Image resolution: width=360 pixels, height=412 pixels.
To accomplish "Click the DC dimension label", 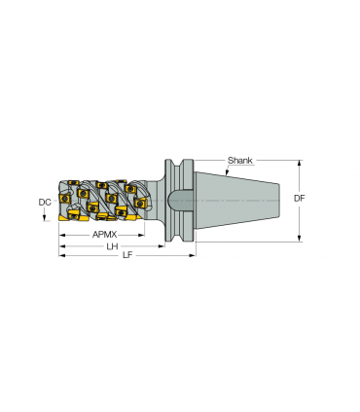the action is [45, 203].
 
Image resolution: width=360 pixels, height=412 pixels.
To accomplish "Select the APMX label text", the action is [104, 235].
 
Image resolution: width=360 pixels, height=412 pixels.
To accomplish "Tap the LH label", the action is [112, 246].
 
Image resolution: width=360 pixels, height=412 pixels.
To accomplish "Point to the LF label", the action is [127, 255].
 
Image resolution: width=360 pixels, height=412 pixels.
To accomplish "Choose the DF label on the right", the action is [300, 198].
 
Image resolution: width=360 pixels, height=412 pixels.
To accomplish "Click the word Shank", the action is [239, 161].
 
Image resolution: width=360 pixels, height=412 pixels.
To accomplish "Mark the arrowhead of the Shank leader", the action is [227, 174].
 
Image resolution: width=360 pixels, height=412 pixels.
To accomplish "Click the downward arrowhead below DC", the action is [44, 218].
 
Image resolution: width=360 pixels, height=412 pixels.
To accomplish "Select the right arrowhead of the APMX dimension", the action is [141, 235].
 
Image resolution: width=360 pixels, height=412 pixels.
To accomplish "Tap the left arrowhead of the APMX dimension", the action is [62, 235].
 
